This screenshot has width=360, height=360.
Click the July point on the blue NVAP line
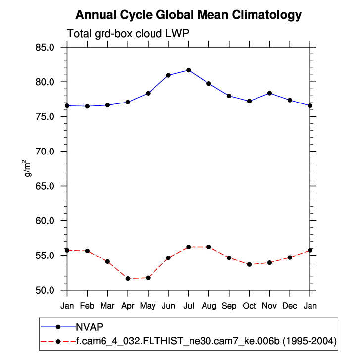tap(189, 70)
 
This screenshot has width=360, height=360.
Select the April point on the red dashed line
tap(128, 278)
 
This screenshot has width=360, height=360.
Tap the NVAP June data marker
tap(168, 75)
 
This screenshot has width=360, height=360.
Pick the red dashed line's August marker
tap(209, 247)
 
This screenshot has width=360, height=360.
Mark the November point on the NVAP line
tap(269, 93)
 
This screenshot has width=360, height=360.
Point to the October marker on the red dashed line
tap(249, 264)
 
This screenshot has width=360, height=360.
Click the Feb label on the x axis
tap(87, 306)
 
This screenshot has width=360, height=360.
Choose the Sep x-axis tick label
tap(229, 306)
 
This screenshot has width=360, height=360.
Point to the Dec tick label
tap(290, 306)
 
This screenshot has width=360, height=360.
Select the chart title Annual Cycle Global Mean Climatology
tap(189, 15)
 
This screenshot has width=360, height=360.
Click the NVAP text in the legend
tap(89, 327)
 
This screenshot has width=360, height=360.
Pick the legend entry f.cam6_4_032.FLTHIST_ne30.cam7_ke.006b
tap(206, 341)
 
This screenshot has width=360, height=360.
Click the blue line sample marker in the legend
tap(58, 327)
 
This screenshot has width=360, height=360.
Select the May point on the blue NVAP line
tap(148, 93)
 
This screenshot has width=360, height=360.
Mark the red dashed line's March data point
tap(107, 261)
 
